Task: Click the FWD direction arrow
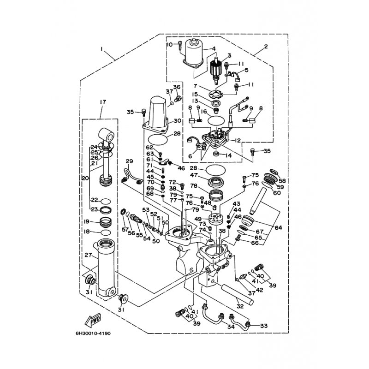[x=94, y=319]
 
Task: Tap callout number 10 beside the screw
[x=169, y=44]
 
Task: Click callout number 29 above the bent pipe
[x=129, y=161]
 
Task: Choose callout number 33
[x=264, y=326]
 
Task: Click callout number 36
[x=176, y=87]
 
